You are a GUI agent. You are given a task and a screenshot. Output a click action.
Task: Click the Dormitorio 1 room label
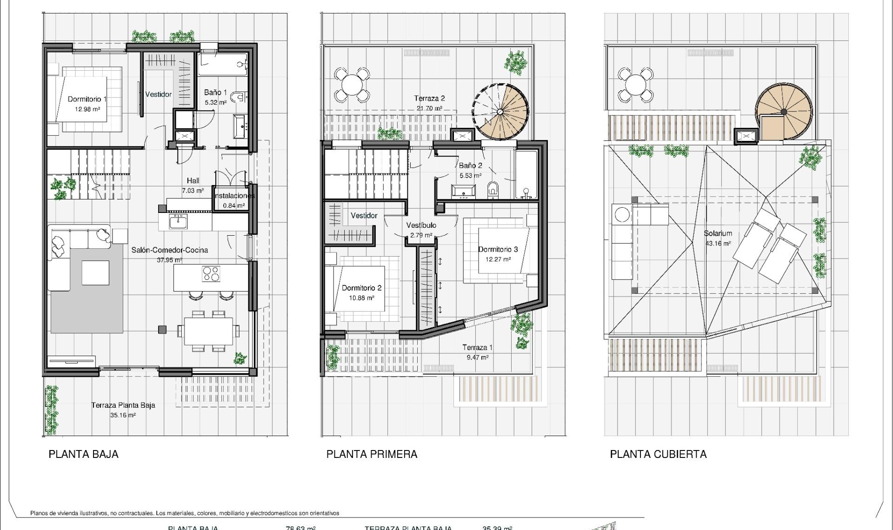87,99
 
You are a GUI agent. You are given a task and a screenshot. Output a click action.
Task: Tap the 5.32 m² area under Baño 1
215,102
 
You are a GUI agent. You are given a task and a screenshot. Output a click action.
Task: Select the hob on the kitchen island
211,273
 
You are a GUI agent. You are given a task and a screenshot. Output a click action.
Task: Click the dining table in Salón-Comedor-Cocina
208,331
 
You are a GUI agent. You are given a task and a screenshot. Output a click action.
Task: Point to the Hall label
193,180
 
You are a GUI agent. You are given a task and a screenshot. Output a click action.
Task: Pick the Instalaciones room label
234,196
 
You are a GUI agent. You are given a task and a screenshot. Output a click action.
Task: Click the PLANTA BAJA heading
83,454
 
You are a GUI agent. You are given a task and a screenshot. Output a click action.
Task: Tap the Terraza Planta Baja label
123,405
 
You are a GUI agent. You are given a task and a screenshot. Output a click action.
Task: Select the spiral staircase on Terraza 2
501,112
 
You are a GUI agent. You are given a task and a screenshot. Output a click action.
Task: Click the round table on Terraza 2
352,85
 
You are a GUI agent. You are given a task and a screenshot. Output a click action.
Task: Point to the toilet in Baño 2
493,190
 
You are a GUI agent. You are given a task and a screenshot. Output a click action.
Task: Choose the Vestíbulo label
421,225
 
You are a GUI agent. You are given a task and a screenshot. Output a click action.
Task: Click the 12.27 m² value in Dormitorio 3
498,259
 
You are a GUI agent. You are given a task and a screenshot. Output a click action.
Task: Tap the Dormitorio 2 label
361,288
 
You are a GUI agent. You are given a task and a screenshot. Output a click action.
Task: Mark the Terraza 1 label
477,347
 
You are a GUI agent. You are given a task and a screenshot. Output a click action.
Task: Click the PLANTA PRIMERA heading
372,454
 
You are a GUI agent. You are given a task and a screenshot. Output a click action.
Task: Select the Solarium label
718,233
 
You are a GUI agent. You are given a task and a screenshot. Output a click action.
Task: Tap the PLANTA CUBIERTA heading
658,454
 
